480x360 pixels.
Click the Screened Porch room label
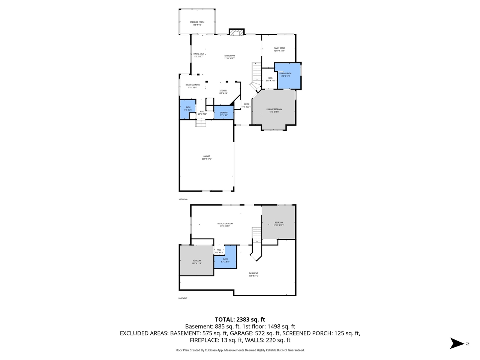coord(197,24)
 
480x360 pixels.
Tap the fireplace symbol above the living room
coord(237,33)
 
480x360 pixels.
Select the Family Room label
coord(279,49)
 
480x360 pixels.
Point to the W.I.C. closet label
coord(270,79)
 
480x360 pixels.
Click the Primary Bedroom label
coord(274,110)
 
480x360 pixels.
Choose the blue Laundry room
coord(224,114)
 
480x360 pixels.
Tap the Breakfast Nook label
coord(192,86)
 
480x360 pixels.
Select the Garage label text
coord(207,157)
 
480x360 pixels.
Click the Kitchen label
coord(223,92)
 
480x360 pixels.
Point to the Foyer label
coord(246,105)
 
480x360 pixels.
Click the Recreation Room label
coord(225,225)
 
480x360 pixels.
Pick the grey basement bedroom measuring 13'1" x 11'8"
coord(197,261)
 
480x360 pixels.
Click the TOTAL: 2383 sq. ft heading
coord(240,319)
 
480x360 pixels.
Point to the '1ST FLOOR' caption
coord(183,199)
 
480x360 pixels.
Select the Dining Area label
coord(199,55)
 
